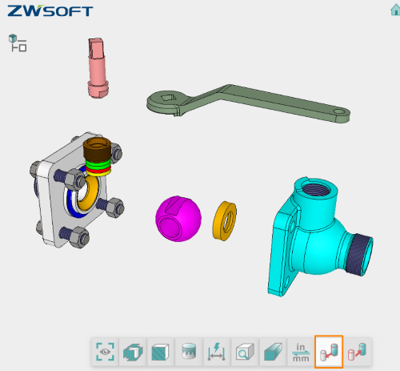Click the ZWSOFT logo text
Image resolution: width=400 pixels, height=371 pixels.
coord(49,12)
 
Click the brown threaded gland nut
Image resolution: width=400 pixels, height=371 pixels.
coord(98,151)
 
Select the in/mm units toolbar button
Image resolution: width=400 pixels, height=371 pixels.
coord(301,350)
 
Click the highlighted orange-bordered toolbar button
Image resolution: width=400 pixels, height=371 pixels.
coord(329,350)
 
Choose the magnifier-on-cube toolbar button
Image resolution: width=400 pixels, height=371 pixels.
coord(244,350)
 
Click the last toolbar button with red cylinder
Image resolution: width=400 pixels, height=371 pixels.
coord(357,350)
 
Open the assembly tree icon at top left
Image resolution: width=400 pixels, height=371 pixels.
coord(17,43)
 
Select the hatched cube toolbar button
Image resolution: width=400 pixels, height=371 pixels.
coord(161,350)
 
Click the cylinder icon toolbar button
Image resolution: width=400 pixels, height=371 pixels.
coord(189,350)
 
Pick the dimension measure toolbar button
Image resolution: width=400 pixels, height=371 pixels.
coord(217,350)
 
